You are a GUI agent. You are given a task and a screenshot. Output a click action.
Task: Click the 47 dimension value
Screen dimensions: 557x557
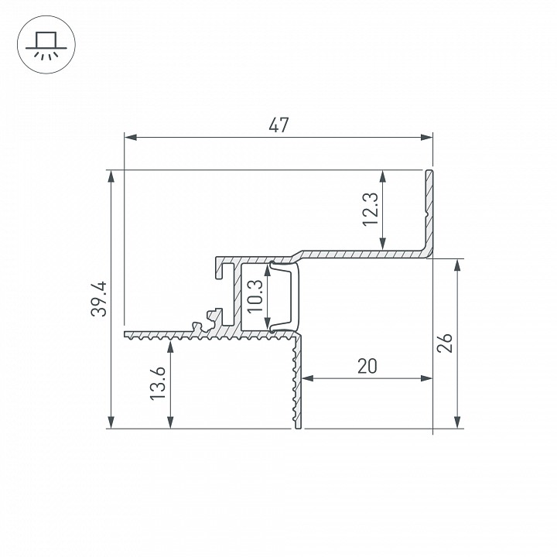[x=278, y=125]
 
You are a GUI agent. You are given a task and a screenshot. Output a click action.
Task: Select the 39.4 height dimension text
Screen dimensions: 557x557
[x=98, y=299]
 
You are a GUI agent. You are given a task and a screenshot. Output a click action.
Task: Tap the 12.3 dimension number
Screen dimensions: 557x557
[x=370, y=209]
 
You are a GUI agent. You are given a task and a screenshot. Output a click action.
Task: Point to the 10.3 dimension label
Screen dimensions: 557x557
[x=255, y=296]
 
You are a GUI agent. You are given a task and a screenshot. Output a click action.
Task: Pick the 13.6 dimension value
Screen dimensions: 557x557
[x=157, y=383]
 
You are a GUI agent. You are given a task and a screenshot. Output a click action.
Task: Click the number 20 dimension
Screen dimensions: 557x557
[x=367, y=366]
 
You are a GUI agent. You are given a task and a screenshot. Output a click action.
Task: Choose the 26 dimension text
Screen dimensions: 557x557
[x=445, y=343]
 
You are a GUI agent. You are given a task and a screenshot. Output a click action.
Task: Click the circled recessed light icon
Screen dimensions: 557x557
[x=46, y=45]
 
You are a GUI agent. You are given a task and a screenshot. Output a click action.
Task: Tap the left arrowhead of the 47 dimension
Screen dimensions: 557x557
[x=131, y=137]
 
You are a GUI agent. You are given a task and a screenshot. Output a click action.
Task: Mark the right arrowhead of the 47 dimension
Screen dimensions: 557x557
[x=426, y=137]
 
